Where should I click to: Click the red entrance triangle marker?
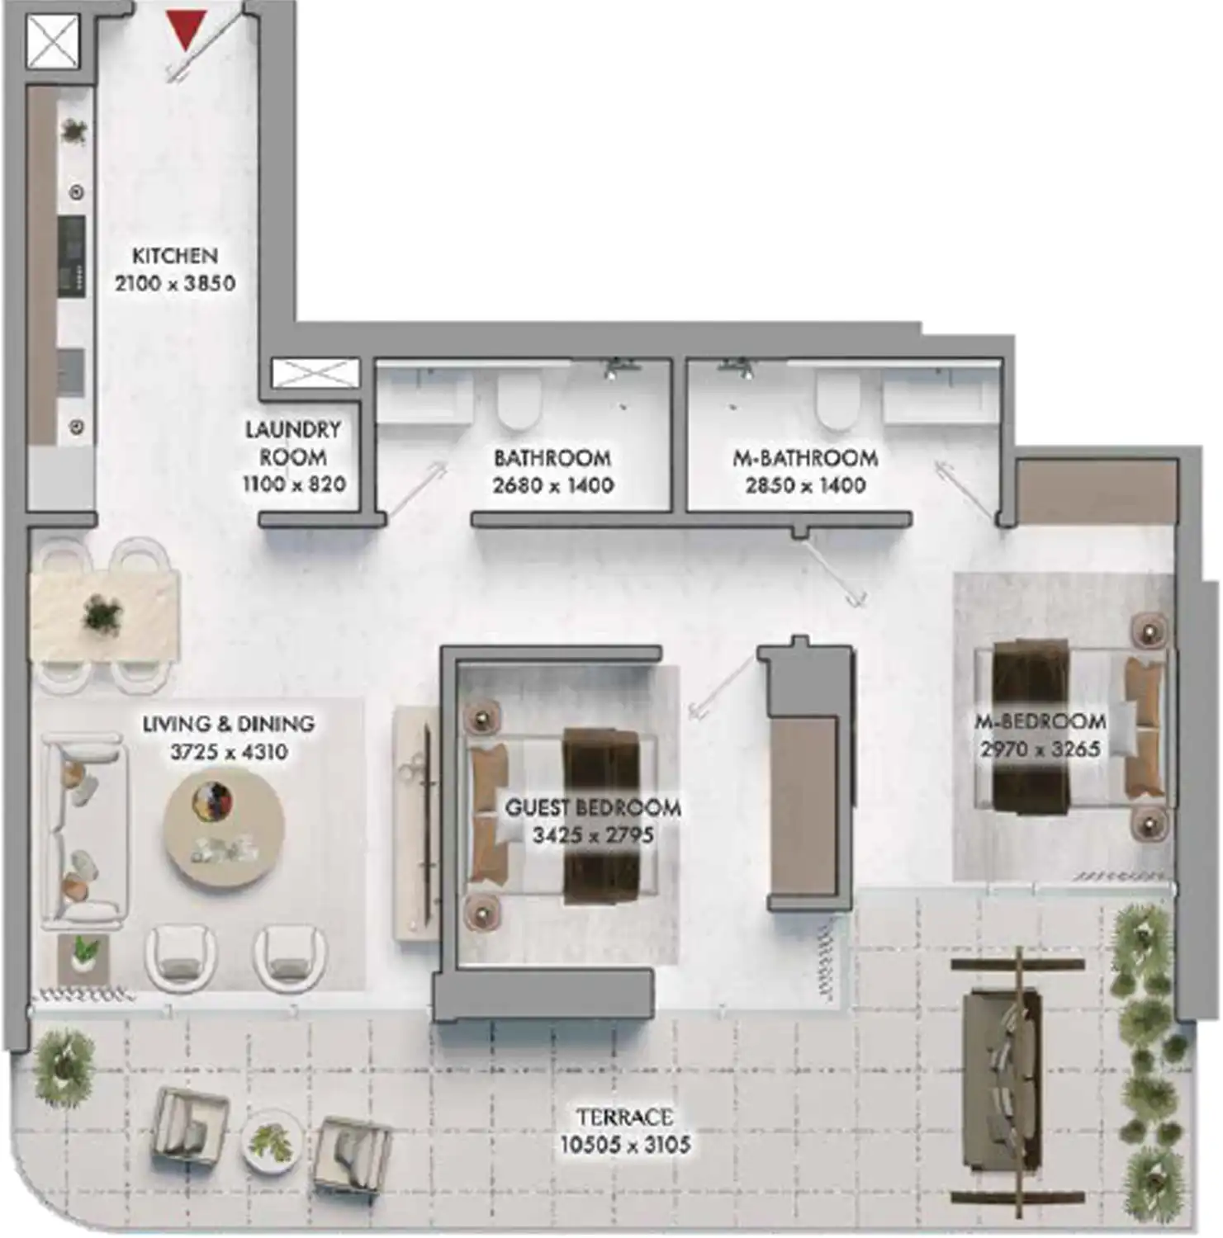tap(185, 31)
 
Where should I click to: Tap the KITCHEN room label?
tap(175, 256)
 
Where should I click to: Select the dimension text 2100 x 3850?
tap(175, 283)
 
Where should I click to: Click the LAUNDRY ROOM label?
tap(293, 443)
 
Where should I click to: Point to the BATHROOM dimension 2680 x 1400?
tap(553, 485)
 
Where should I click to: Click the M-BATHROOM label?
tap(805, 458)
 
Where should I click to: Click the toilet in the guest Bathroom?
tap(519, 399)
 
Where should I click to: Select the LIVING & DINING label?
tap(229, 725)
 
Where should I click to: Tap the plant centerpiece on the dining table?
tap(103, 615)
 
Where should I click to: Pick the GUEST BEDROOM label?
tap(593, 807)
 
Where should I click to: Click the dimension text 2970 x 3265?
tap(1040, 749)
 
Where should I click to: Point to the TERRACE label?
tap(624, 1118)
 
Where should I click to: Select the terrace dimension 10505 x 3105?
tap(625, 1145)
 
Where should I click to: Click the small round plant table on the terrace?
tap(272, 1141)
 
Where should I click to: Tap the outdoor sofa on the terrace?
tap(1000, 1076)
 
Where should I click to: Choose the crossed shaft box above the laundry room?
tap(315, 373)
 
